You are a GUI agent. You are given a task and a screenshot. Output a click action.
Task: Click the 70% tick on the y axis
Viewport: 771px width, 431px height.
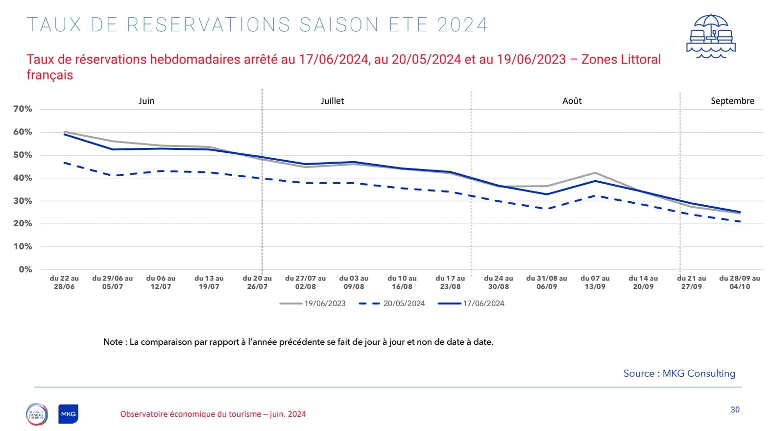coord(23,109)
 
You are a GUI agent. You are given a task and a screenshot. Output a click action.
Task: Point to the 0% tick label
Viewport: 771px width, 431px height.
coord(25,269)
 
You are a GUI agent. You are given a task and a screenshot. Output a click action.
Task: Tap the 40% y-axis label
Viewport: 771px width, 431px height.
coord(23,178)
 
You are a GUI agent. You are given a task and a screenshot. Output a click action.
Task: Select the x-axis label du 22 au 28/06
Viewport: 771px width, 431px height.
coord(64,282)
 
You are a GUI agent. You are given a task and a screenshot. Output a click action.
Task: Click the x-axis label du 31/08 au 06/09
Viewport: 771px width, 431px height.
coord(547,282)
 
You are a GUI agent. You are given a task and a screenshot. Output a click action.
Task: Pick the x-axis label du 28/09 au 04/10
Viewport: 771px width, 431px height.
coord(740,282)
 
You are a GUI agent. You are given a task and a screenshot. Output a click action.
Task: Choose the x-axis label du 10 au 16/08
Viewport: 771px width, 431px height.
coord(402,282)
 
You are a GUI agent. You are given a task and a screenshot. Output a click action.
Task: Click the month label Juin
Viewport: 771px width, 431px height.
coord(146,101)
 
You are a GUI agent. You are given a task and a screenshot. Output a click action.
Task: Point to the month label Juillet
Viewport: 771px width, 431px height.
coord(332,101)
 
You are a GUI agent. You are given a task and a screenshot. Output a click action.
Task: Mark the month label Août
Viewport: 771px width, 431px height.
coord(572,101)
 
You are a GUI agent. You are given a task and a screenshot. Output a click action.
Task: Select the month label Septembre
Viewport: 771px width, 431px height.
coord(732,101)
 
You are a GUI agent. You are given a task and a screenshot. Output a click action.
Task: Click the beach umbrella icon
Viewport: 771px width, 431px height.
coord(711,36)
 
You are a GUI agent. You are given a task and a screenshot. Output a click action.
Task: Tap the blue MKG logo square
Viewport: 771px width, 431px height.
coord(68,414)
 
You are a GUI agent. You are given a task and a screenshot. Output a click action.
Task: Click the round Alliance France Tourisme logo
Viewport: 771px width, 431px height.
coord(37,414)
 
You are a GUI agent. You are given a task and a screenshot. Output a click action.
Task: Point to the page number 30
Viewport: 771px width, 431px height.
coord(735,409)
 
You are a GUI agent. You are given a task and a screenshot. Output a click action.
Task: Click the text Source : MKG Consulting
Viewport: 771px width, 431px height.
coord(679,373)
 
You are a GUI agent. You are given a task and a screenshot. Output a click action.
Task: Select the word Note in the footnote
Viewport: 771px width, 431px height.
coord(113,342)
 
